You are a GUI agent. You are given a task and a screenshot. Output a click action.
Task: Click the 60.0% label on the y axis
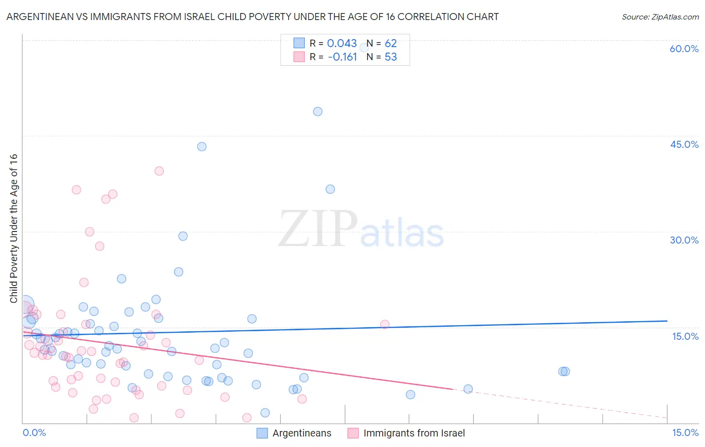pos(684,49)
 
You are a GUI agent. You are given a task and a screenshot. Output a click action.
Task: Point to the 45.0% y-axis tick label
pos(684,144)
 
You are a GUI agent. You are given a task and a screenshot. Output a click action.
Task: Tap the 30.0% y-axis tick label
pos(684,240)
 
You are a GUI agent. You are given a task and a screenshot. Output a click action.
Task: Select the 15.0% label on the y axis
pos(685,336)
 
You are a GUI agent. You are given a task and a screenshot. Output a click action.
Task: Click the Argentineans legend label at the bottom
pos(302,433)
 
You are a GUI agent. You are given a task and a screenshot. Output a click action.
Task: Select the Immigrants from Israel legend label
pos(414,433)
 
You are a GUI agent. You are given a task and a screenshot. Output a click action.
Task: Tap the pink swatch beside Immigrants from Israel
pos(353,433)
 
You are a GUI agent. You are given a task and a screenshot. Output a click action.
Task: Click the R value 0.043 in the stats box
pos(342,44)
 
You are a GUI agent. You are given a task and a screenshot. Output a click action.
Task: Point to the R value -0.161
pos(342,57)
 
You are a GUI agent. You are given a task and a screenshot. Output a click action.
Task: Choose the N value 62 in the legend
pos(391,44)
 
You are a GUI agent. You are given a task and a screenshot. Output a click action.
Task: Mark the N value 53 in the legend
pos(391,57)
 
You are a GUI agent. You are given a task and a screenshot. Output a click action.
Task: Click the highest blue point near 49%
pos(317,112)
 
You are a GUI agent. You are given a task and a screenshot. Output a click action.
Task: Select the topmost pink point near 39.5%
pos(159,171)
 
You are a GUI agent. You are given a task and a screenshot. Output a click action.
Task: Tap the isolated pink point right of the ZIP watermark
pos(385,324)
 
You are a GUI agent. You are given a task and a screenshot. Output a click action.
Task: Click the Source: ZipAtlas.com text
pos(660,17)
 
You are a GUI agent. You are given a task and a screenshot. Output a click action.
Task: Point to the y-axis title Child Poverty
pos(14,228)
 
